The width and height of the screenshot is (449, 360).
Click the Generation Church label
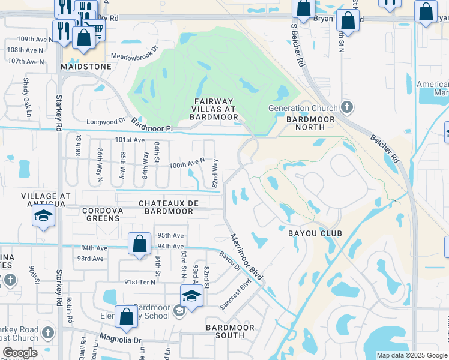303,109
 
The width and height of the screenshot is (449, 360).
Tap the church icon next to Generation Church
346,108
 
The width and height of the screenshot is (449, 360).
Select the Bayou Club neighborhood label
315,233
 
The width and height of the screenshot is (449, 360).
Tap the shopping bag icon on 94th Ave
139,245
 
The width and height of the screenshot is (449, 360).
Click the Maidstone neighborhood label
86,67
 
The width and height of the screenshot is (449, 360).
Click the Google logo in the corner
20,353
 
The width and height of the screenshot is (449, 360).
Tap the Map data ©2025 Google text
412,355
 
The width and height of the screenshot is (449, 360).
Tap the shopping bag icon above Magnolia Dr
127,318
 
